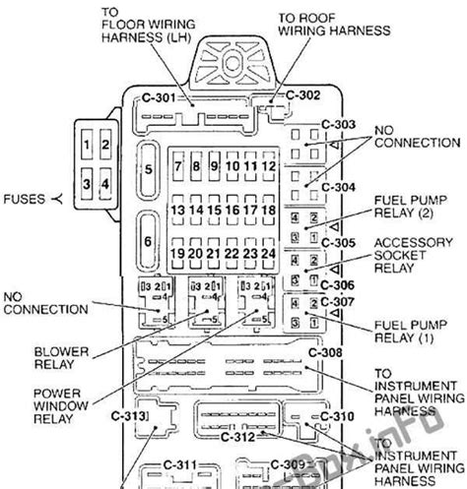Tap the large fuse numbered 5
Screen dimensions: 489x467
[149, 168]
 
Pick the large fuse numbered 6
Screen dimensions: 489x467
[149, 241]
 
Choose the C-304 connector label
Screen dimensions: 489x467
[337, 187]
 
